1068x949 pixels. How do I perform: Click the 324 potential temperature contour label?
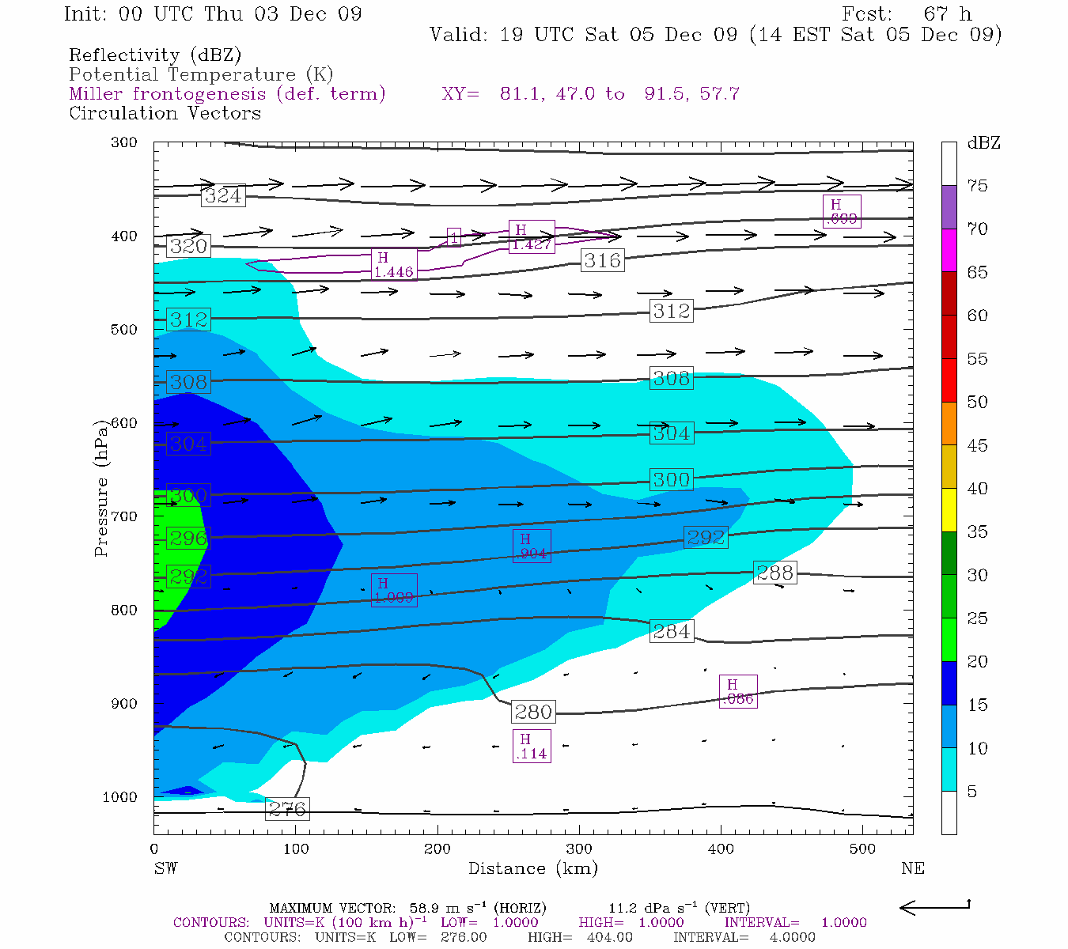223,195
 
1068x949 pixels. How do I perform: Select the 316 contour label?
602,259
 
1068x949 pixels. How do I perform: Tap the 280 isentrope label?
533,712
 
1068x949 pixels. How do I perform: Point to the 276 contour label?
286,809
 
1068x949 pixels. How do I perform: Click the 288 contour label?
774,572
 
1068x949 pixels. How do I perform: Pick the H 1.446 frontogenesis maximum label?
393,265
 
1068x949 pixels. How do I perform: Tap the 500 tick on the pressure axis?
124,330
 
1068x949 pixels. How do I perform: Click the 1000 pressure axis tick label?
120,797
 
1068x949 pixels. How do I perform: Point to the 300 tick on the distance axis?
579,849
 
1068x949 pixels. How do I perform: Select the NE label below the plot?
912,868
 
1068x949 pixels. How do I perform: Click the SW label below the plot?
165,868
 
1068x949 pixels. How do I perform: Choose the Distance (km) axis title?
532,868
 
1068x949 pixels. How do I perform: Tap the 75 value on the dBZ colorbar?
977,186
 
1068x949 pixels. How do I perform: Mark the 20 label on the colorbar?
977,662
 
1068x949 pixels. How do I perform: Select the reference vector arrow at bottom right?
935,907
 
